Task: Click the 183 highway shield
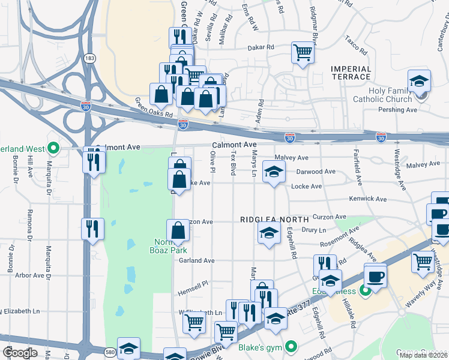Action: (89, 58)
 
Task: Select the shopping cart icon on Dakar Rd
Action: (303, 52)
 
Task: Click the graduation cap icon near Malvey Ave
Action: (274, 172)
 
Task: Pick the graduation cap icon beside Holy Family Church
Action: (419, 81)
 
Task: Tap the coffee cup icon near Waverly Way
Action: (376, 277)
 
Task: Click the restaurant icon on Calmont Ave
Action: (94, 161)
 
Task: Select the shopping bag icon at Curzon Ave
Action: (178, 231)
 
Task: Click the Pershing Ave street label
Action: (397, 110)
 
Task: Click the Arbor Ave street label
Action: (29, 275)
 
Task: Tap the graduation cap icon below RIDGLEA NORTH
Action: (269, 233)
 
